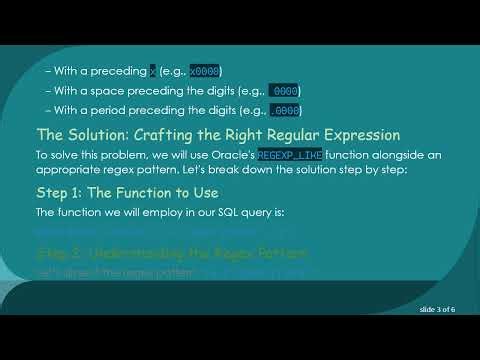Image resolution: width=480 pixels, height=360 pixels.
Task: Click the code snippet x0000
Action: [x=204, y=71]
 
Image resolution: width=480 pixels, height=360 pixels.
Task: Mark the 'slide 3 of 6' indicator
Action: [x=438, y=311]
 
